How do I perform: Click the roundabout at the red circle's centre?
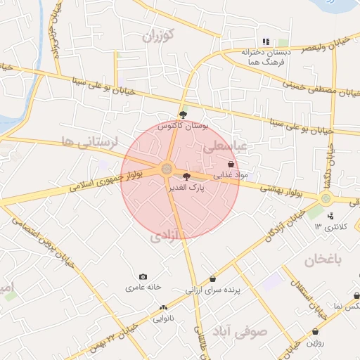pos(167,169)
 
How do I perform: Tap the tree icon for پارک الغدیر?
pos(186,176)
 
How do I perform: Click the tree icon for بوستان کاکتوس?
pos(184,115)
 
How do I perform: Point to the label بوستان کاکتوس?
pos(184,127)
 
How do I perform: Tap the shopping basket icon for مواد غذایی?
pos(231,164)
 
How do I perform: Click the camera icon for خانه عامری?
pos(143,277)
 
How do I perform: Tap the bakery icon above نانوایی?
pos(164,307)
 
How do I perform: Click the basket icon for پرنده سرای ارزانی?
pos(213,278)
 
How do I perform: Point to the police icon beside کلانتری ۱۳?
pos(330,215)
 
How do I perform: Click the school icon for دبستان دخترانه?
pos(266,41)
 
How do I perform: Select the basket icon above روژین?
pos(315,331)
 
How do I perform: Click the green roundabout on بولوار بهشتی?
pos(326,199)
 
